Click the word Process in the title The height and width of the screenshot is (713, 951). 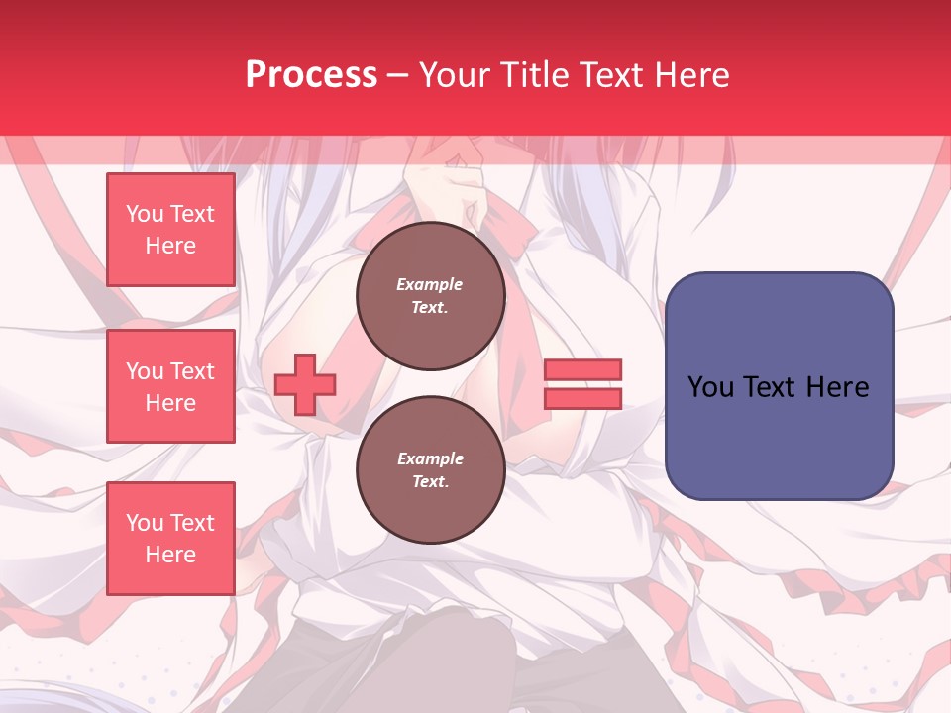coord(311,75)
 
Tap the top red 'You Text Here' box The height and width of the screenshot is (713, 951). coord(170,230)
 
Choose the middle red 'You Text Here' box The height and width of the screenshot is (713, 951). coord(170,386)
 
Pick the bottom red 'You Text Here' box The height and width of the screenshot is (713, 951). coord(170,538)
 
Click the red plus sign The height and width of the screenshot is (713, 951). coord(305,384)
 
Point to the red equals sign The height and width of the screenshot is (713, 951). coord(582,384)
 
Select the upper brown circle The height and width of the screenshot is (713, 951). coord(430,295)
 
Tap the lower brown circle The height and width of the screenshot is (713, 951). coord(430,469)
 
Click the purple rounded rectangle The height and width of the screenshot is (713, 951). coord(779,386)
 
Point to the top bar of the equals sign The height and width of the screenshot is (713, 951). coord(582,370)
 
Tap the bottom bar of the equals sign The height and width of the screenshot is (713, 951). coord(582,398)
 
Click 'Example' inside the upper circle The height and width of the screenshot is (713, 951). coord(430,284)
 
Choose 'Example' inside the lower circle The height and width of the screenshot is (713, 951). coord(430,458)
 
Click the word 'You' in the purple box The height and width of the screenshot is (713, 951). coord(710,387)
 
